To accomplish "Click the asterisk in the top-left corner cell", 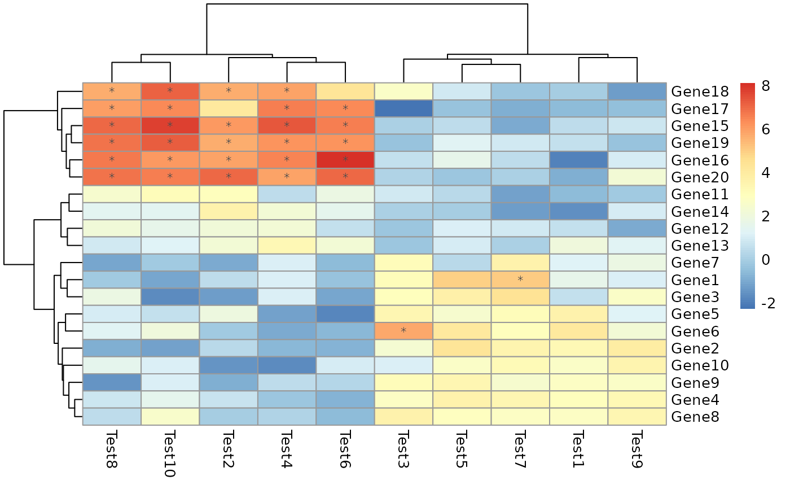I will pyautogui.click(x=112, y=91).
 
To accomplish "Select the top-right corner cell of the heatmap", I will pyautogui.click(x=637, y=91).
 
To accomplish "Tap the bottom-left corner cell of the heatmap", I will pyautogui.click(x=112, y=417).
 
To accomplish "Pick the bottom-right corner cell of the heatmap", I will pyautogui.click(x=637, y=417).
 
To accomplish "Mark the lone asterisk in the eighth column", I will pyautogui.click(x=520, y=280).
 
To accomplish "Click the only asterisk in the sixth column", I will pyautogui.click(x=403, y=331).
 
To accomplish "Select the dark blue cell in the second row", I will pyautogui.click(x=403, y=108).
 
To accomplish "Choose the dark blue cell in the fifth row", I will pyautogui.click(x=578, y=160).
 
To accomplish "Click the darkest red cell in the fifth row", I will pyautogui.click(x=345, y=160).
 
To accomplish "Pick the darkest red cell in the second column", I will pyautogui.click(x=170, y=125).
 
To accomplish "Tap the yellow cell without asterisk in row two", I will pyautogui.click(x=229, y=108).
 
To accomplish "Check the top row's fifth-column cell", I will pyautogui.click(x=345, y=91).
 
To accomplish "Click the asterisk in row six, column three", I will pyautogui.click(x=229, y=177).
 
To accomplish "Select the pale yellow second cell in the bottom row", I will pyautogui.click(x=170, y=417).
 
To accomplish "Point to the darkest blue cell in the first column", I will pyautogui.click(x=112, y=382).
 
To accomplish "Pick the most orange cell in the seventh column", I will pyautogui.click(x=462, y=280).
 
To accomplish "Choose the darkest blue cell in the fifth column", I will pyautogui.click(x=345, y=314).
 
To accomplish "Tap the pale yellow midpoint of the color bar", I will pyautogui.click(x=748, y=196).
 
